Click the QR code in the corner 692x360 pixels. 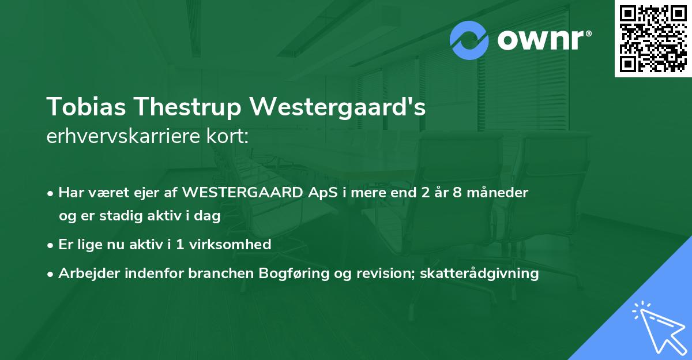coord(653,38)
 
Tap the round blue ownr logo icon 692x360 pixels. coord(470,40)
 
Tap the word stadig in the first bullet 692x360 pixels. coord(112,216)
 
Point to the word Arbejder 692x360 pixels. coord(85,273)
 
